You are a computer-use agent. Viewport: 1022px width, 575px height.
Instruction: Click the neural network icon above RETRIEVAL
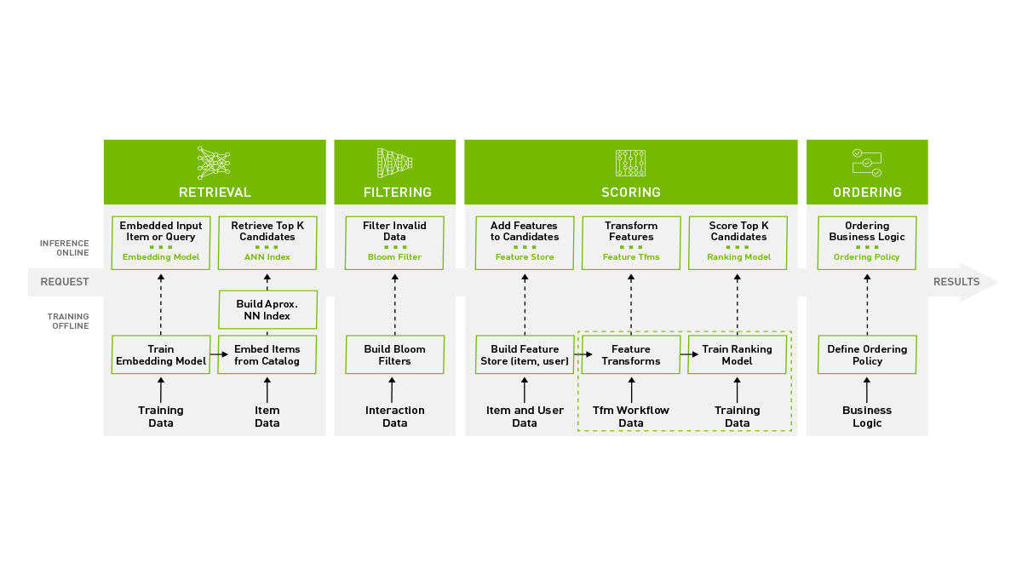pyautogui.click(x=214, y=162)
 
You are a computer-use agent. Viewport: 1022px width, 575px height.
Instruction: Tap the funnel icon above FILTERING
pyautogui.click(x=394, y=162)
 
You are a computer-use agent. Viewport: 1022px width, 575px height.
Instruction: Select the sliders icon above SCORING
pyautogui.click(x=630, y=163)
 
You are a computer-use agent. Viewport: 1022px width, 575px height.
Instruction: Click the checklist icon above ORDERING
pyautogui.click(x=866, y=162)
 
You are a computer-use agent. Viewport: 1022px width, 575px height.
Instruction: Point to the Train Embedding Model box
pyautogui.click(x=161, y=354)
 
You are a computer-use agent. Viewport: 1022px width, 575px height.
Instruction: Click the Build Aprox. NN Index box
pyautogui.click(x=267, y=310)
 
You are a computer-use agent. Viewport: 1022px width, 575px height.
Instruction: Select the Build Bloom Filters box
pyautogui.click(x=394, y=354)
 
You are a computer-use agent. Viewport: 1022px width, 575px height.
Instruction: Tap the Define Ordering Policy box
pyautogui.click(x=867, y=354)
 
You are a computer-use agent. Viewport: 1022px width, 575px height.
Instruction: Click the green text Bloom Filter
pyautogui.click(x=394, y=257)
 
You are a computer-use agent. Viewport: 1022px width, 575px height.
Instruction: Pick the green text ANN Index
pyautogui.click(x=267, y=257)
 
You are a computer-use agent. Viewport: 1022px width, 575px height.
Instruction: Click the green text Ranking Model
pyautogui.click(x=738, y=257)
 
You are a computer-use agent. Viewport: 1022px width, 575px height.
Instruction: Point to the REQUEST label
pyautogui.click(x=65, y=282)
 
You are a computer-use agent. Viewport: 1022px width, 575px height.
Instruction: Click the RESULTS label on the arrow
pyautogui.click(x=956, y=282)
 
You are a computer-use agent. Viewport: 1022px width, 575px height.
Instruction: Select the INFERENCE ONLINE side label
pyautogui.click(x=65, y=248)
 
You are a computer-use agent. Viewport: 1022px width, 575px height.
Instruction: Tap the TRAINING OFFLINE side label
pyautogui.click(x=67, y=321)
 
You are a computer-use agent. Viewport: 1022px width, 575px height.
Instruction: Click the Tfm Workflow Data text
pyautogui.click(x=631, y=417)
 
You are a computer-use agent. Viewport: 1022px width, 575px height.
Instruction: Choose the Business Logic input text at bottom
pyautogui.click(x=867, y=417)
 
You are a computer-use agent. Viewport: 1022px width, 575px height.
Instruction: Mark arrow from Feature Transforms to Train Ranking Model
pyautogui.click(x=685, y=354)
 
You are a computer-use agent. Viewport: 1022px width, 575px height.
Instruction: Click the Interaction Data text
pyautogui.click(x=394, y=417)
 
